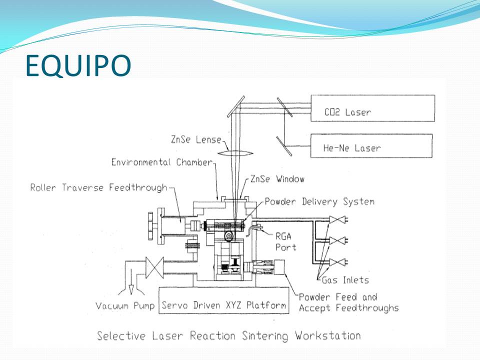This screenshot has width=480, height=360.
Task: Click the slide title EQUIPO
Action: pyautogui.click(x=78, y=65)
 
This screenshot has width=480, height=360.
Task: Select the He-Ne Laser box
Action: pyautogui.click(x=371, y=146)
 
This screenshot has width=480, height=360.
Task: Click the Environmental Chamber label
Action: pyautogui.click(x=162, y=162)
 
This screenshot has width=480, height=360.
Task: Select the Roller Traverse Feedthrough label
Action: pyautogui.click(x=99, y=188)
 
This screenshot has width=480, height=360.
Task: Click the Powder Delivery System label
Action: pyautogui.click(x=319, y=202)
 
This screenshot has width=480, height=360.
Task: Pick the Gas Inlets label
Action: pyautogui.click(x=345, y=280)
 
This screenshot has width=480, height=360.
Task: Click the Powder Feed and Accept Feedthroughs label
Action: pyautogui.click(x=348, y=302)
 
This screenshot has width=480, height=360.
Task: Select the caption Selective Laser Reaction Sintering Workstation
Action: pyautogui.click(x=228, y=335)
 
